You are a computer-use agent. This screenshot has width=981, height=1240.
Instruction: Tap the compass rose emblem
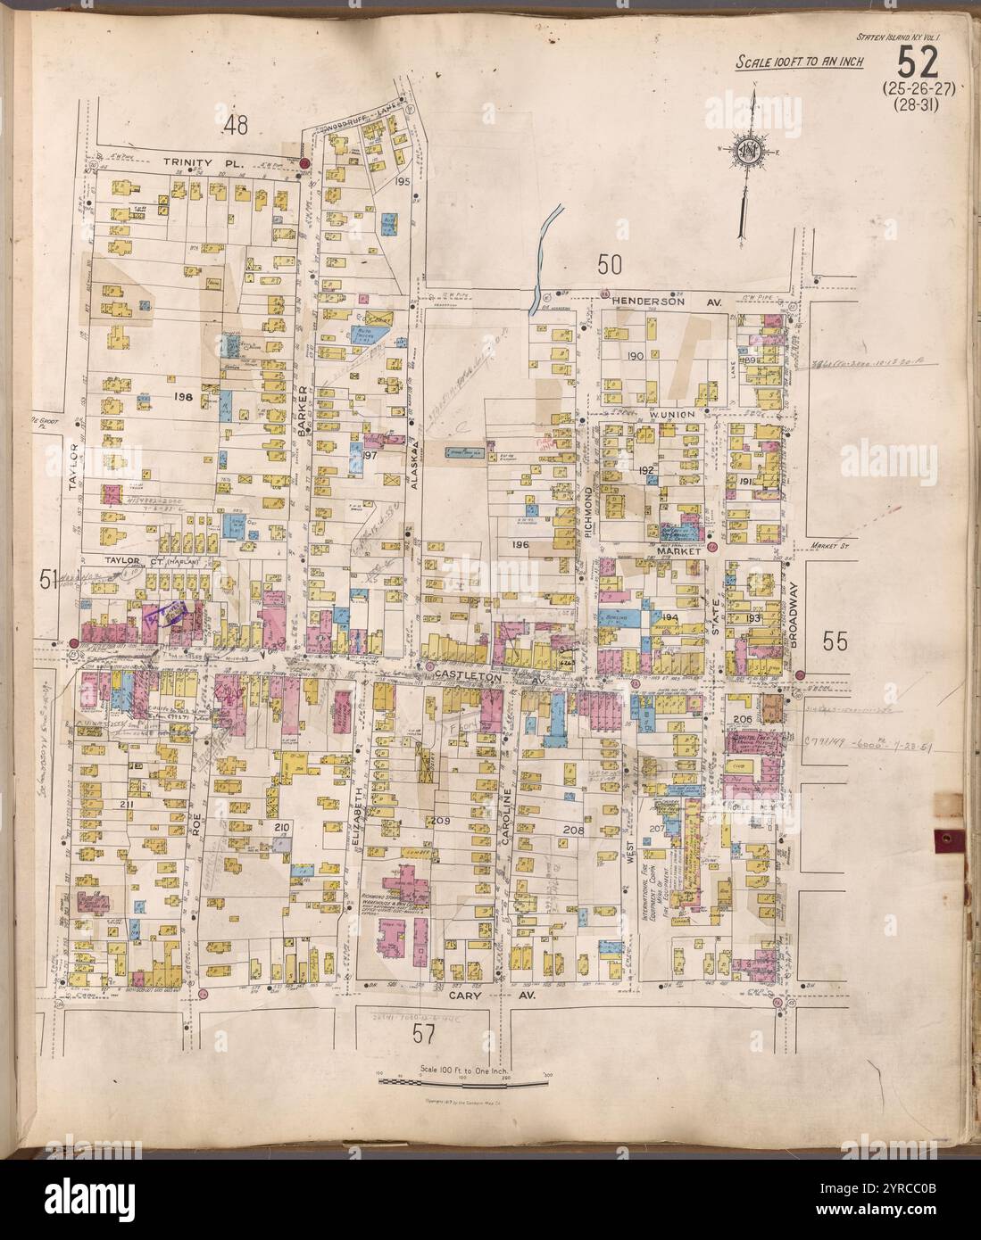[x=746, y=152]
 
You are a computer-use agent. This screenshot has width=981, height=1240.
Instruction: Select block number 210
[x=282, y=829]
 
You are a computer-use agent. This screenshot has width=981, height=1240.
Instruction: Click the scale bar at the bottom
[x=463, y=1083]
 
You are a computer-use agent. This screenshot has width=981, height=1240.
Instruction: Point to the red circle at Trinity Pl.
[x=303, y=164]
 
